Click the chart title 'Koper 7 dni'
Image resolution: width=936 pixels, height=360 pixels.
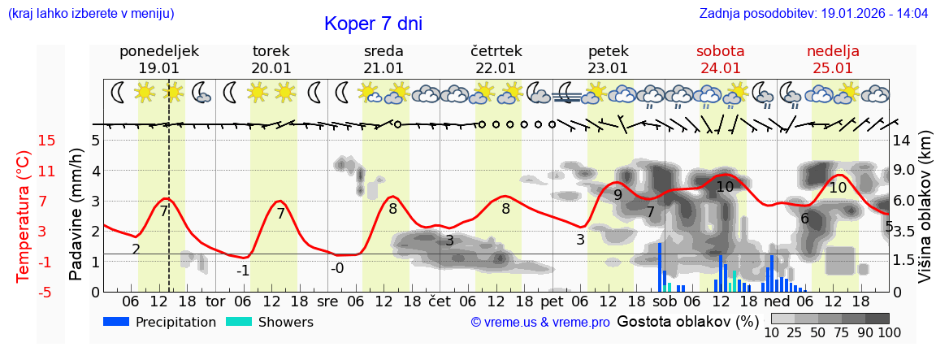point(373,24)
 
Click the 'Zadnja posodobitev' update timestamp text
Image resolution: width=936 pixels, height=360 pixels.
point(813,14)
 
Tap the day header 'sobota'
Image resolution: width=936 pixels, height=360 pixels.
point(720,51)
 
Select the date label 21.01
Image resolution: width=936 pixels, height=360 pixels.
point(383,68)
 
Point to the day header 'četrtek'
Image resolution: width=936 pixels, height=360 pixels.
point(496,51)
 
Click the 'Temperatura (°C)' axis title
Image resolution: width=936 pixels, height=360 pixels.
point(24,216)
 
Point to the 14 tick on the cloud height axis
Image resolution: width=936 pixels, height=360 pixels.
point(902,141)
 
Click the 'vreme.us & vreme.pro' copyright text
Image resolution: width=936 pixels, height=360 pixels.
point(540,323)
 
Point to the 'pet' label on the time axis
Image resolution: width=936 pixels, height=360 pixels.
point(552,301)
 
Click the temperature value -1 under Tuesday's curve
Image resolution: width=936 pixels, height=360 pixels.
point(243,271)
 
